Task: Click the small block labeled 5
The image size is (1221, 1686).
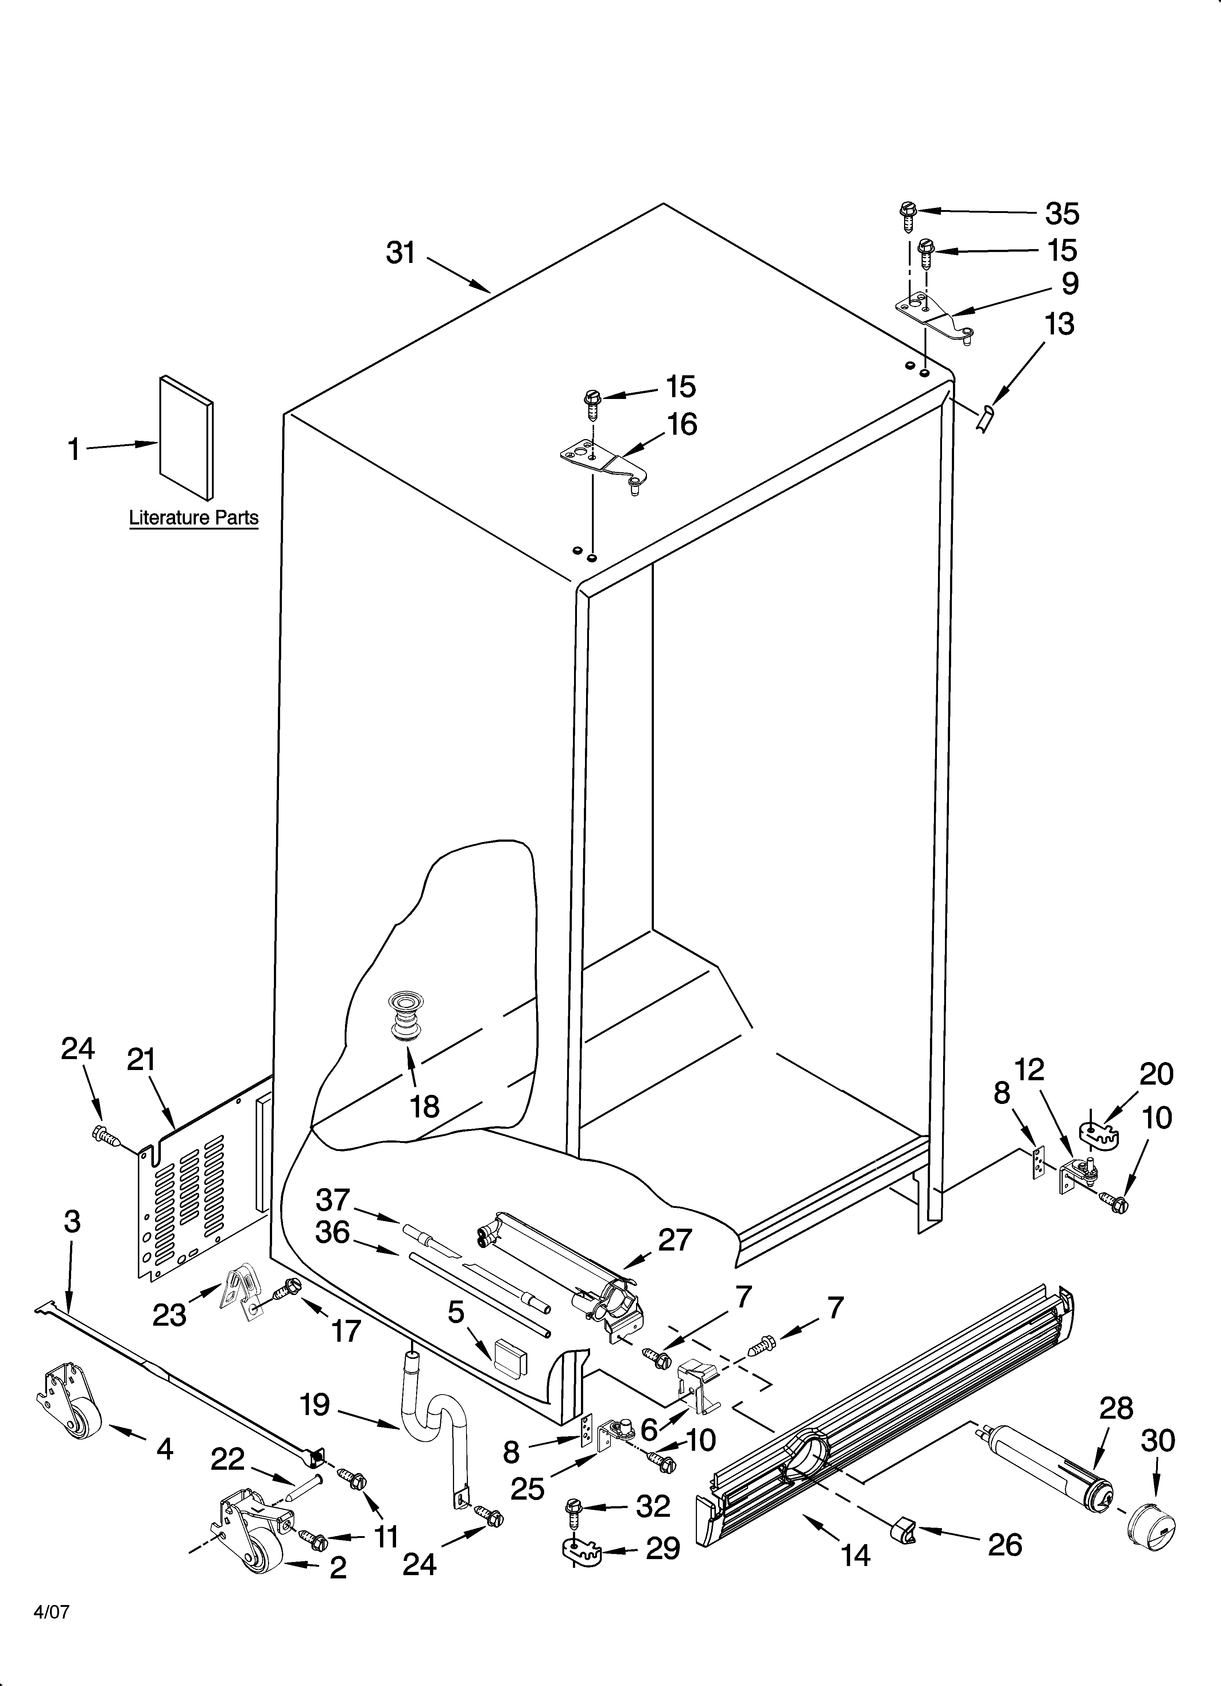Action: (x=510, y=1360)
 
